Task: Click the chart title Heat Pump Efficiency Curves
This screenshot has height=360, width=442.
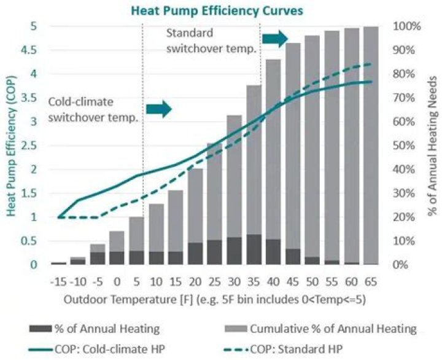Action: [x=221, y=10]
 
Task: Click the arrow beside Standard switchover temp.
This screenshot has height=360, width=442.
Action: [x=275, y=38]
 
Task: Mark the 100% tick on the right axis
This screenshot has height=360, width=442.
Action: [x=406, y=26]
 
